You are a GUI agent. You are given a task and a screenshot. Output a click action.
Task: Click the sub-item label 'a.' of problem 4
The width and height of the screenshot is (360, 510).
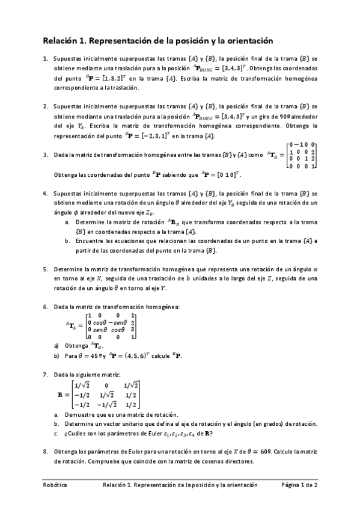tap(67, 223)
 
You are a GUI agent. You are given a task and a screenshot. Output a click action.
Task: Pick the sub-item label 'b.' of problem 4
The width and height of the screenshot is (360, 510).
tap(67, 241)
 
